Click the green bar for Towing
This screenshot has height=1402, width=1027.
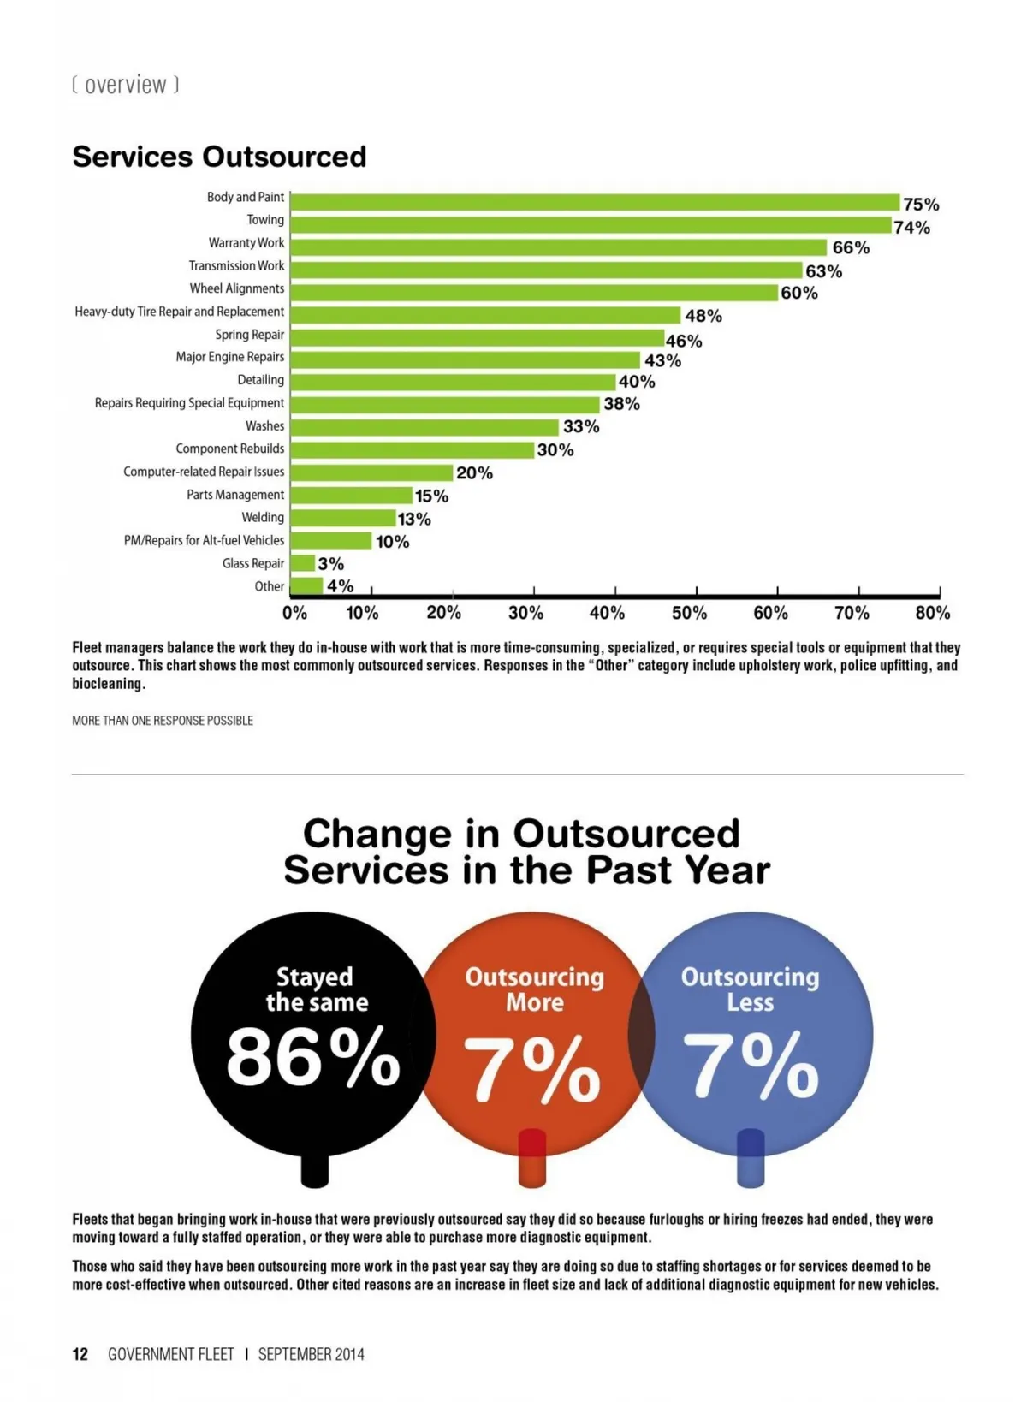591,225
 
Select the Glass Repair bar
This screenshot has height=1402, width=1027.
303,563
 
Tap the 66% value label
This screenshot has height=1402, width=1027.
851,248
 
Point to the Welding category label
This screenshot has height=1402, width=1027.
263,517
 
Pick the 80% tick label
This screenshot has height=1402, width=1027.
932,613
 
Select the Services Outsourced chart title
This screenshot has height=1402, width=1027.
219,157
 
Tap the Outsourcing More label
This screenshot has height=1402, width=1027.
534,989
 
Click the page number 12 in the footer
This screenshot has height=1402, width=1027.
80,1354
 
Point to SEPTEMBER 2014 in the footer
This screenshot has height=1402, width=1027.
311,1354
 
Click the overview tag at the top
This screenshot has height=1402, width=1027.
126,85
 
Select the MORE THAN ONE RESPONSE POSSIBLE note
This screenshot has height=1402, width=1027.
163,721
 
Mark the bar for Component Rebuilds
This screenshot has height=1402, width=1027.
413,449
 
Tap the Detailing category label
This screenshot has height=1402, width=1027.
260,380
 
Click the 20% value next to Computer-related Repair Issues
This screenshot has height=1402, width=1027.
474,472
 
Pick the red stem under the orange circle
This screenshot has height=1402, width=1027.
532,1158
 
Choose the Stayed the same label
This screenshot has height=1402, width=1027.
316,989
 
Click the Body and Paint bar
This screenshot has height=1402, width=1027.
595,202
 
